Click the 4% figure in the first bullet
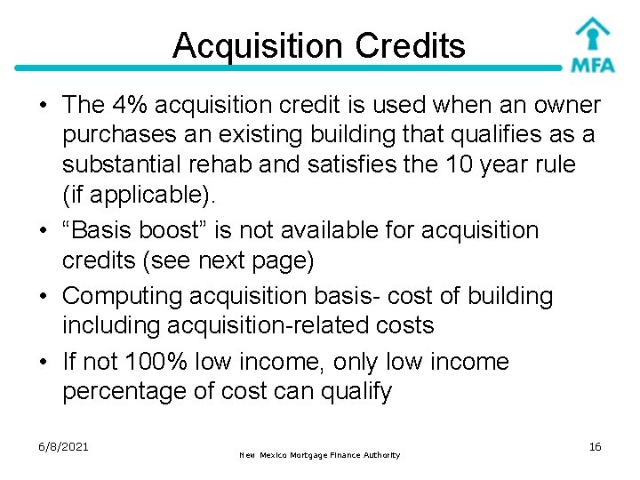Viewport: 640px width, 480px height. click(x=129, y=105)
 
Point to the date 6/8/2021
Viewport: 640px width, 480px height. click(x=63, y=445)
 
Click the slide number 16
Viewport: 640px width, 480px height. click(x=595, y=445)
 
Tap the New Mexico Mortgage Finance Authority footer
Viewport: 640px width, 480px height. click(x=320, y=455)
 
